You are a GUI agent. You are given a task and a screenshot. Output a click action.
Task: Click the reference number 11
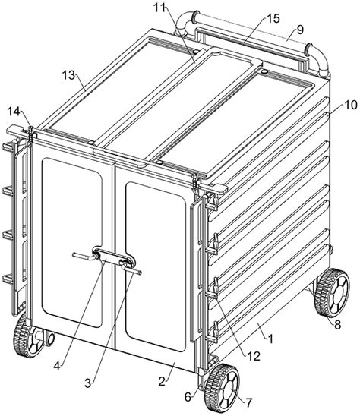159,7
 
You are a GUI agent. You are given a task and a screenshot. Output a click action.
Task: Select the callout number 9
300,30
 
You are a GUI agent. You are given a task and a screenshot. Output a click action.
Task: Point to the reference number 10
351,105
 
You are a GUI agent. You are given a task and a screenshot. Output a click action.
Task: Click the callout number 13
69,75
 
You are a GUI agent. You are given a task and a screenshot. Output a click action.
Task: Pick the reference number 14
14,112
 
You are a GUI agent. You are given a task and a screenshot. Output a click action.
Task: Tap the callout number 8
337,325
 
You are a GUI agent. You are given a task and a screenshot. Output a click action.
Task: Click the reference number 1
271,339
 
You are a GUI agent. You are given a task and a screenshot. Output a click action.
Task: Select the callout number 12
254,357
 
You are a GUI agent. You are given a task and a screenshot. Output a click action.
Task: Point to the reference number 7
248,403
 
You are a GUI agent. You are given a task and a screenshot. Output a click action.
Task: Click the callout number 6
188,397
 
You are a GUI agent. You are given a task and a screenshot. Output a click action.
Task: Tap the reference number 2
162,382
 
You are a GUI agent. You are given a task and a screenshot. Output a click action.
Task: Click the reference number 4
57,366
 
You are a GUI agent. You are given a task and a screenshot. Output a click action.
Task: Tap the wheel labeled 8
332,292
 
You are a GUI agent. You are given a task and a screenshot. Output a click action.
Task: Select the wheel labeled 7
222,387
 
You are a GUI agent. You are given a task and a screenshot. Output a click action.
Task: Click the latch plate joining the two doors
114,257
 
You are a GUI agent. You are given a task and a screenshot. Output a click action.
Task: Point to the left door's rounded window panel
72,242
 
